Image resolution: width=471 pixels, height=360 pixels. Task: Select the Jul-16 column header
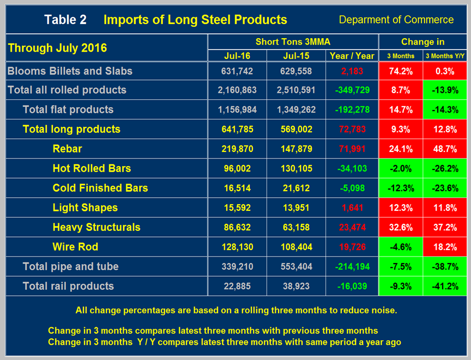click(x=236, y=56)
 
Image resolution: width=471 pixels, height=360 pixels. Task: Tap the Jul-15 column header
click(x=294, y=56)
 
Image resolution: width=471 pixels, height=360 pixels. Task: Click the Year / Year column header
click(x=352, y=56)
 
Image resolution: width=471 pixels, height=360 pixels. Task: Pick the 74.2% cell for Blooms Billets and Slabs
click(x=400, y=71)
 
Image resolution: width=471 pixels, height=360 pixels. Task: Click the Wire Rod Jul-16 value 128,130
click(x=236, y=247)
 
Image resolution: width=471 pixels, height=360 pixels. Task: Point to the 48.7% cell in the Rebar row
click(x=444, y=149)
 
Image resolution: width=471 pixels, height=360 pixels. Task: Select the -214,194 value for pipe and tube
click(x=352, y=266)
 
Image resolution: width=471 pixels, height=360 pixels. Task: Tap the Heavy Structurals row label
click(x=96, y=227)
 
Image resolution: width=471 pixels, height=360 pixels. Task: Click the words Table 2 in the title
click(x=65, y=20)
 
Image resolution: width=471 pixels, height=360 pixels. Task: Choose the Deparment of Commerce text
click(x=396, y=20)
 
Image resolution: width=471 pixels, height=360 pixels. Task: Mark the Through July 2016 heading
click(x=57, y=48)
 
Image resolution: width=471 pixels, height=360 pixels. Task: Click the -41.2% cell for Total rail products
click(x=444, y=286)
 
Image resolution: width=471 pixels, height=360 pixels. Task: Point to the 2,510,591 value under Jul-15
click(x=294, y=90)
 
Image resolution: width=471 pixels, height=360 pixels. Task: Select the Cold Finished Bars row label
click(x=100, y=188)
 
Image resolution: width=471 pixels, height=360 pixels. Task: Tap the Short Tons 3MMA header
click(x=293, y=42)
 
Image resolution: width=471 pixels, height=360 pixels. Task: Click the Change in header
click(x=422, y=42)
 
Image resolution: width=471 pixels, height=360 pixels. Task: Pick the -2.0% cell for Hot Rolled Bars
click(x=400, y=168)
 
